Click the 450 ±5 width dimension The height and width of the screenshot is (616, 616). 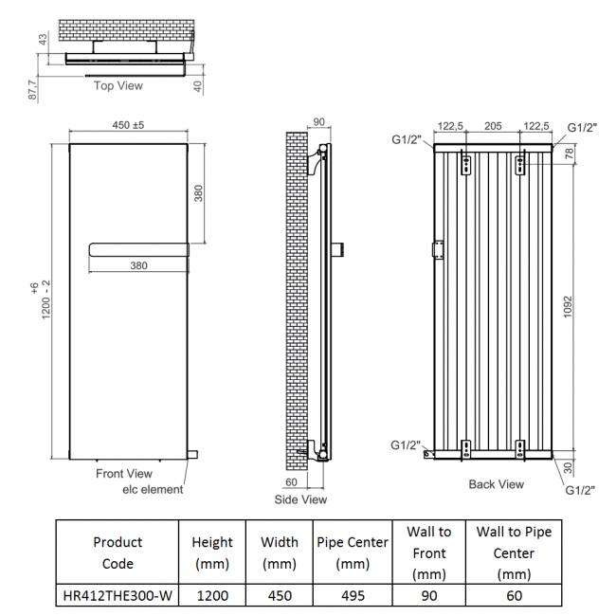128,125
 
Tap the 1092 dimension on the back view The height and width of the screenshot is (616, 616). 568,307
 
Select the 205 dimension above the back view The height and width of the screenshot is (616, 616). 493,126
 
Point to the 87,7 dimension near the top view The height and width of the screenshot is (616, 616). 32,90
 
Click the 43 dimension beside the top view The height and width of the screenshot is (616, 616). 43,39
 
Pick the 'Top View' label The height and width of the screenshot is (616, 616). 118,85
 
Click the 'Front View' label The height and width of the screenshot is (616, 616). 124,474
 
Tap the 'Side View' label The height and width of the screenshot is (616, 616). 300,499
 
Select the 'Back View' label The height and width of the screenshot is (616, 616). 497,484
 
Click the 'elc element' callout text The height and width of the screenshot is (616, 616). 153,490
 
